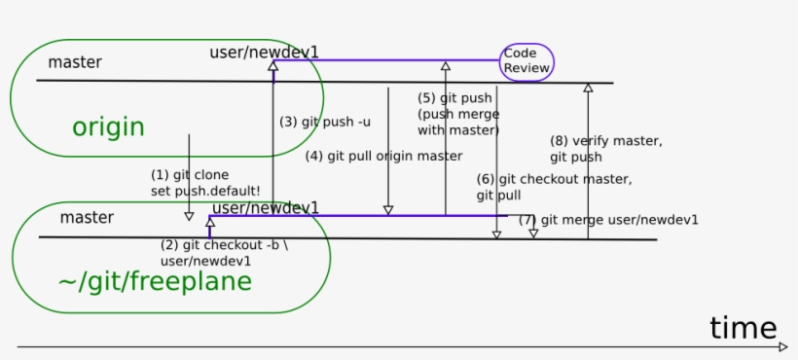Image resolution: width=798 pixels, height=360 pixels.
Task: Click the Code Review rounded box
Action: (526, 61)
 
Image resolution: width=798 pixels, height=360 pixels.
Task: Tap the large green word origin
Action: (108, 127)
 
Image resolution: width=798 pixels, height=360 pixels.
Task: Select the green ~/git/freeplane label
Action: (155, 282)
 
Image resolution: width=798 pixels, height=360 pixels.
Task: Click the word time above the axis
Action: (743, 328)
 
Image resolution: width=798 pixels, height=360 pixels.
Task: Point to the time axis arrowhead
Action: (783, 346)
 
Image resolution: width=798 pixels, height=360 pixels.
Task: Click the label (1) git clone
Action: (190, 175)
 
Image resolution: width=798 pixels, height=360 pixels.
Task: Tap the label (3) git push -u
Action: (324, 122)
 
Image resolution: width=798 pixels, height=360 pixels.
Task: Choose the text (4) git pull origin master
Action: (383, 156)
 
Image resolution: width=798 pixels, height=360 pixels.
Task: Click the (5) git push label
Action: (454, 98)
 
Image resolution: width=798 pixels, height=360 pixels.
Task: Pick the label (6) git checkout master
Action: (554, 179)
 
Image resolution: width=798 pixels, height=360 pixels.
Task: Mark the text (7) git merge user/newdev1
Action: (608, 220)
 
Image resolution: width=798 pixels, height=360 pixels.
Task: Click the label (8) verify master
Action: (605, 141)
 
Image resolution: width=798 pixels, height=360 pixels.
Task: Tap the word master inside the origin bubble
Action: (75, 62)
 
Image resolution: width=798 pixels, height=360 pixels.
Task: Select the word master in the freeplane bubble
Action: (87, 217)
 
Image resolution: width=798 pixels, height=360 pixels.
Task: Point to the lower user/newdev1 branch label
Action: (266, 207)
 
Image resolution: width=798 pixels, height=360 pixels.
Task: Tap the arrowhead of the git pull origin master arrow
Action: (388, 210)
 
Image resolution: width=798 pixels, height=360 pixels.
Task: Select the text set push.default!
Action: (205, 192)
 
